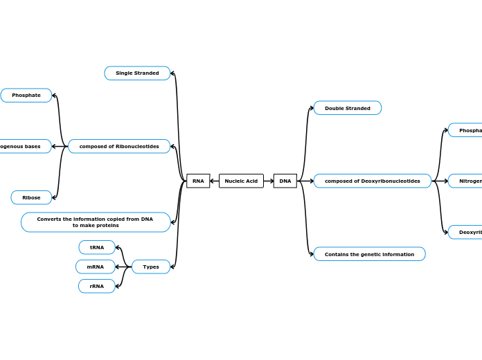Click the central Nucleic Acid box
(x=241, y=181)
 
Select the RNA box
(x=198, y=181)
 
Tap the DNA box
(x=285, y=181)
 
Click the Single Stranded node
(x=137, y=73)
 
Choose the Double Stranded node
(x=348, y=108)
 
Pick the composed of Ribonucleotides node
(x=119, y=146)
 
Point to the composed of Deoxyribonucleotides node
(x=373, y=181)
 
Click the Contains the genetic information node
(x=369, y=254)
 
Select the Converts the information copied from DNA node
(x=96, y=222)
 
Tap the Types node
(x=151, y=267)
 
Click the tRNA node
(x=97, y=247)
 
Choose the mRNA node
(x=96, y=267)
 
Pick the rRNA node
(x=97, y=286)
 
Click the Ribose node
(x=31, y=197)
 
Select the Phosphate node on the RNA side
(x=26, y=96)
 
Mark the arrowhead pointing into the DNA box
(x=271, y=181)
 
